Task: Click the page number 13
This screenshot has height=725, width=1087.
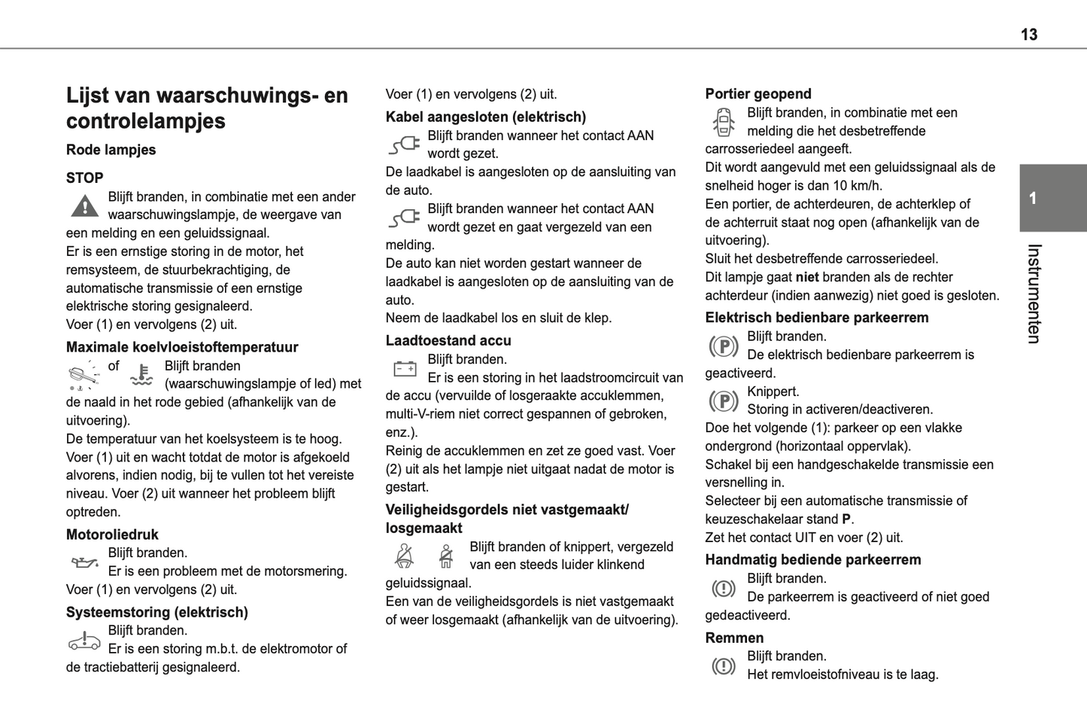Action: point(1028,35)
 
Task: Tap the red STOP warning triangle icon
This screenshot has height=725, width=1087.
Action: point(85,206)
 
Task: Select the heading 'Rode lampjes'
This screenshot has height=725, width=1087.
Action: point(111,150)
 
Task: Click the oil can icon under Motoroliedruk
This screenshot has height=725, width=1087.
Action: point(84,562)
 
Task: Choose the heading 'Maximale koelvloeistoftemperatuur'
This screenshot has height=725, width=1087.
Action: point(182,347)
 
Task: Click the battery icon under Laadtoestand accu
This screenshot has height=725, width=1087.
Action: point(405,369)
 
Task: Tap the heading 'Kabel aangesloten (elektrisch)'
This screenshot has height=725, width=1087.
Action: point(485,117)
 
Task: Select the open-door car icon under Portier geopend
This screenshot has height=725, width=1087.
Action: point(723,122)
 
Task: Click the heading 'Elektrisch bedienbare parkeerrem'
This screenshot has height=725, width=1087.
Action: point(816,318)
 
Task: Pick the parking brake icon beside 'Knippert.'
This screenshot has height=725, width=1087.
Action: point(724,401)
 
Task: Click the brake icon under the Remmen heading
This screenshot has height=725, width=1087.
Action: point(724,666)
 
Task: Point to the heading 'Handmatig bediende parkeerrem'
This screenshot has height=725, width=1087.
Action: point(812,559)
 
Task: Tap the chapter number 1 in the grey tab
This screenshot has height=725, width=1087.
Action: point(1033,198)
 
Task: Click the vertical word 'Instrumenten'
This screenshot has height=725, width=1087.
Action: point(1034,294)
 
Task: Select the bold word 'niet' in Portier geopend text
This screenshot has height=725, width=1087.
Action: point(806,277)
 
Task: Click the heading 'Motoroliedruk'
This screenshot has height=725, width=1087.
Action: point(112,535)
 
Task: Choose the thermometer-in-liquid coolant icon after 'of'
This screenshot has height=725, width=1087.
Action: point(141,375)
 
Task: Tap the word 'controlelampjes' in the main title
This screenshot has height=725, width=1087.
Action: point(146,121)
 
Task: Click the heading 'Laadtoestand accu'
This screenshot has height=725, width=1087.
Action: point(448,340)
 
